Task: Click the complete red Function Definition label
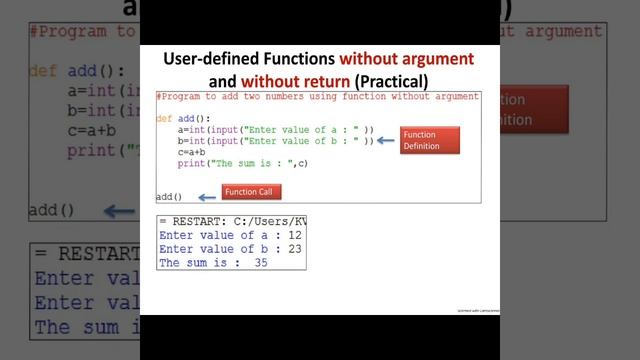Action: point(429,140)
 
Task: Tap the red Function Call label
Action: point(250,191)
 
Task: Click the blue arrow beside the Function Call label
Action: point(204,195)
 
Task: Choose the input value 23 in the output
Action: point(295,248)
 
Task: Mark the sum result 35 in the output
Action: point(261,263)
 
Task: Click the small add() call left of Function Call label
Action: point(169,197)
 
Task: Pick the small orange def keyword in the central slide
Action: point(164,119)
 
